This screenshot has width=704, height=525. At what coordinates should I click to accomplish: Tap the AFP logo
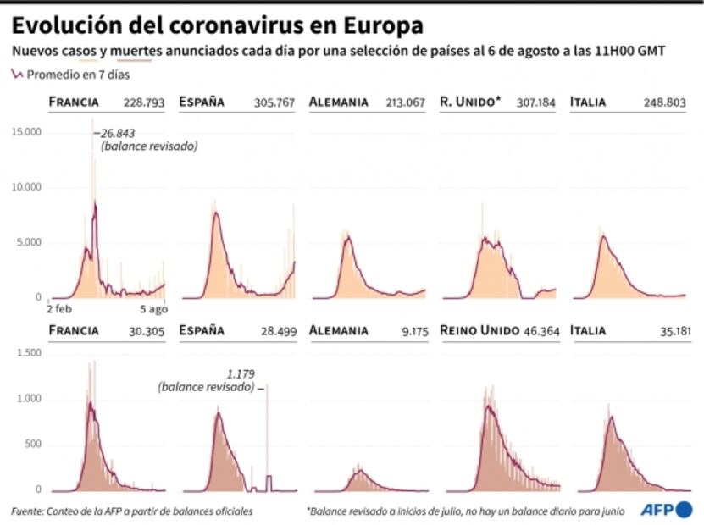666,509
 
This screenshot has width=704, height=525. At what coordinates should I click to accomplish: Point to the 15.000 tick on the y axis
26,131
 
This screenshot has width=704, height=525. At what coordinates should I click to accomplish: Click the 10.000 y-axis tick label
26,186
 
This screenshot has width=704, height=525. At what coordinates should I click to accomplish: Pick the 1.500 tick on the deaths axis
28,352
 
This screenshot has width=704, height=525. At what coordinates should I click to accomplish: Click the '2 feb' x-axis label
61,309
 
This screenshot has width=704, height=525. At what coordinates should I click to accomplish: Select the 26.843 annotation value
118,133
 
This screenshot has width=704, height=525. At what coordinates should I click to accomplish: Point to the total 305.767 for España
274,102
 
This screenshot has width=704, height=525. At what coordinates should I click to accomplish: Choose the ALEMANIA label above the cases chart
339,102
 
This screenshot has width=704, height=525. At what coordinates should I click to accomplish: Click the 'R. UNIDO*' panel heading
471,102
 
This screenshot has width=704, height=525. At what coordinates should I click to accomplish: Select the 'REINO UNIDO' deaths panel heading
479,330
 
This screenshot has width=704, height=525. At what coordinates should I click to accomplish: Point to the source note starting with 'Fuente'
131,511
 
